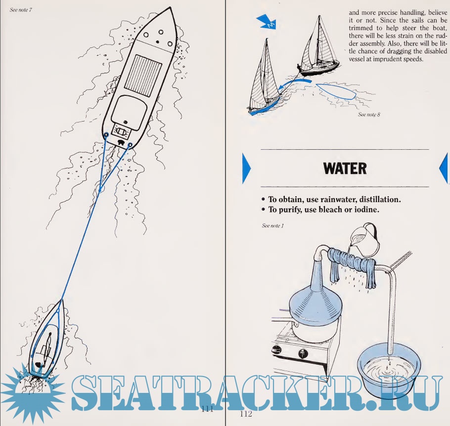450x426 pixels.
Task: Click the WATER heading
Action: coord(345,169)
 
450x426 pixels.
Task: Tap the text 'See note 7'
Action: coord(21,10)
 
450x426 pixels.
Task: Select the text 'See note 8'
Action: coord(369,115)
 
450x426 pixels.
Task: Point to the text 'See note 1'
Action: coord(272,226)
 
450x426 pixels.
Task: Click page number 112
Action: coord(246,414)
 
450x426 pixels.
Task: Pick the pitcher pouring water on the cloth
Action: coord(364,236)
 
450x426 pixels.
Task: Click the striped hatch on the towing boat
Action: coord(143,76)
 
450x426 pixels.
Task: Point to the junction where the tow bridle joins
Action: coord(100,190)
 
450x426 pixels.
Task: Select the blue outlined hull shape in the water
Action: coord(336,91)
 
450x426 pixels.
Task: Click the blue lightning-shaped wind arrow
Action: coord(267,22)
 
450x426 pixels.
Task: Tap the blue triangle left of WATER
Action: coord(247,169)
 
